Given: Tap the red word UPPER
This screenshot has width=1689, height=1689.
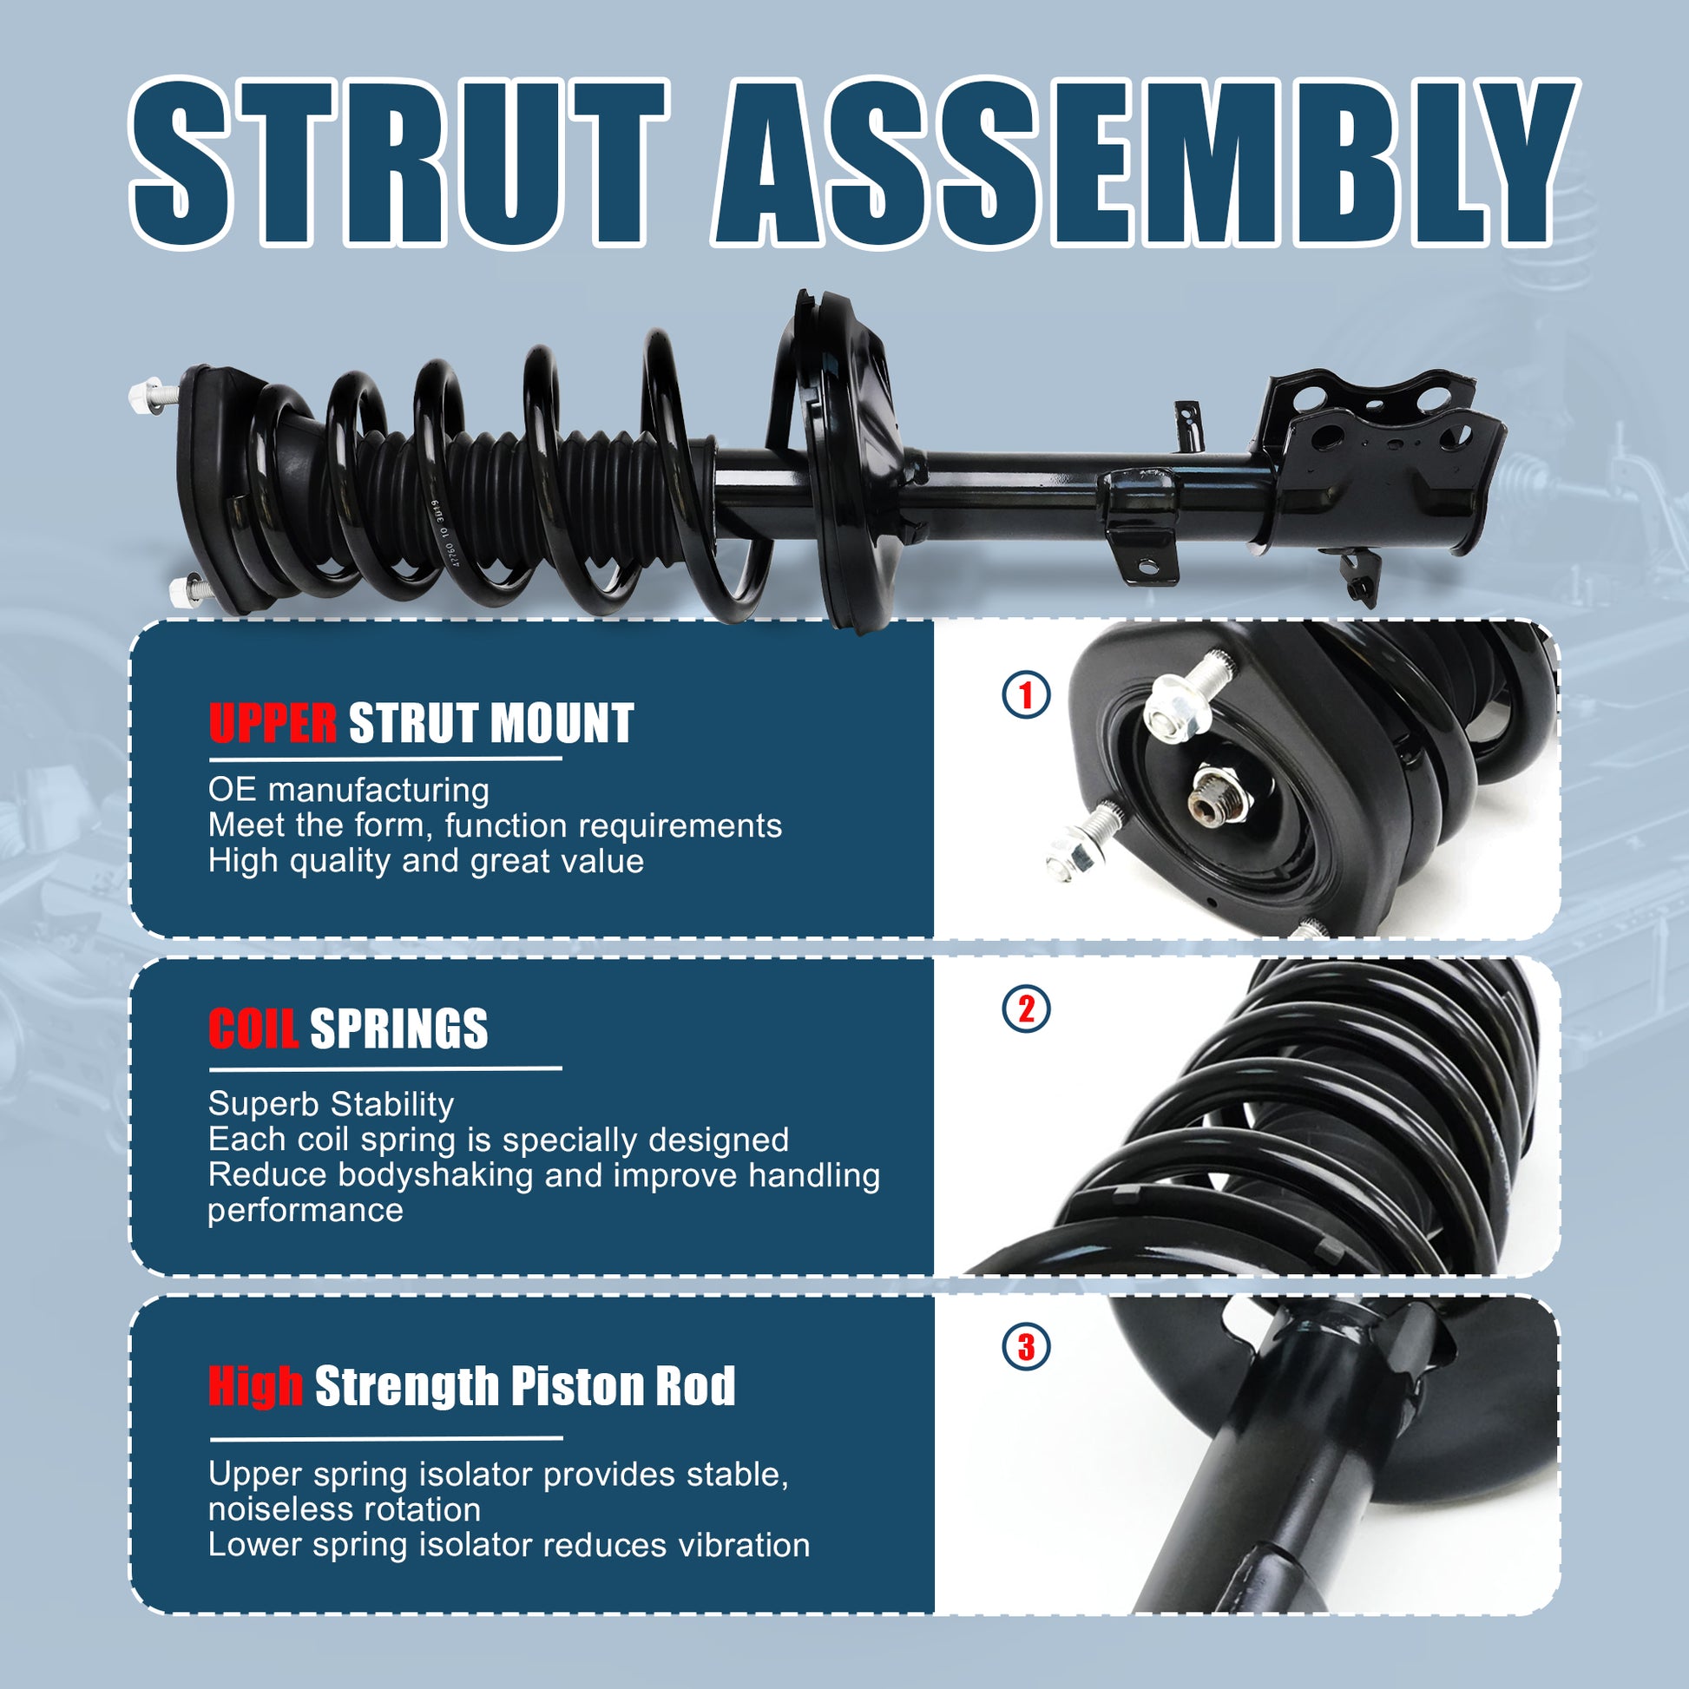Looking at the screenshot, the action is (272, 724).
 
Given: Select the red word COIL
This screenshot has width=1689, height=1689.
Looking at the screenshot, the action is (253, 1029).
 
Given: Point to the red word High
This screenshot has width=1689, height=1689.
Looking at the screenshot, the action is (255, 1386).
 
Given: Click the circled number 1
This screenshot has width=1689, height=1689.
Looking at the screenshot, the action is (1026, 696).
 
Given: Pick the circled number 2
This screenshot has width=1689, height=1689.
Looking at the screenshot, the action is (1026, 1009).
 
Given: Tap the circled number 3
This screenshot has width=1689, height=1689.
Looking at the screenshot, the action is (1026, 1347).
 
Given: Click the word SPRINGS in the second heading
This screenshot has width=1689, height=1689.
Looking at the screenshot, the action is (398, 1029).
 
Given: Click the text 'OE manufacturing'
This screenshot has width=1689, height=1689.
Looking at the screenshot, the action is (349, 791).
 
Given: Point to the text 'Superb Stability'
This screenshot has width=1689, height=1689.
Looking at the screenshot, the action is (332, 1104).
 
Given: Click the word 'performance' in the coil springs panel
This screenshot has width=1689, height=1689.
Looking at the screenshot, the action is (306, 1211).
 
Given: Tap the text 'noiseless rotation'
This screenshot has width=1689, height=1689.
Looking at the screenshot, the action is (345, 1510).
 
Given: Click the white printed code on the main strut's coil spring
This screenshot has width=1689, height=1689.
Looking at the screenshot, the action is (443, 534).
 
